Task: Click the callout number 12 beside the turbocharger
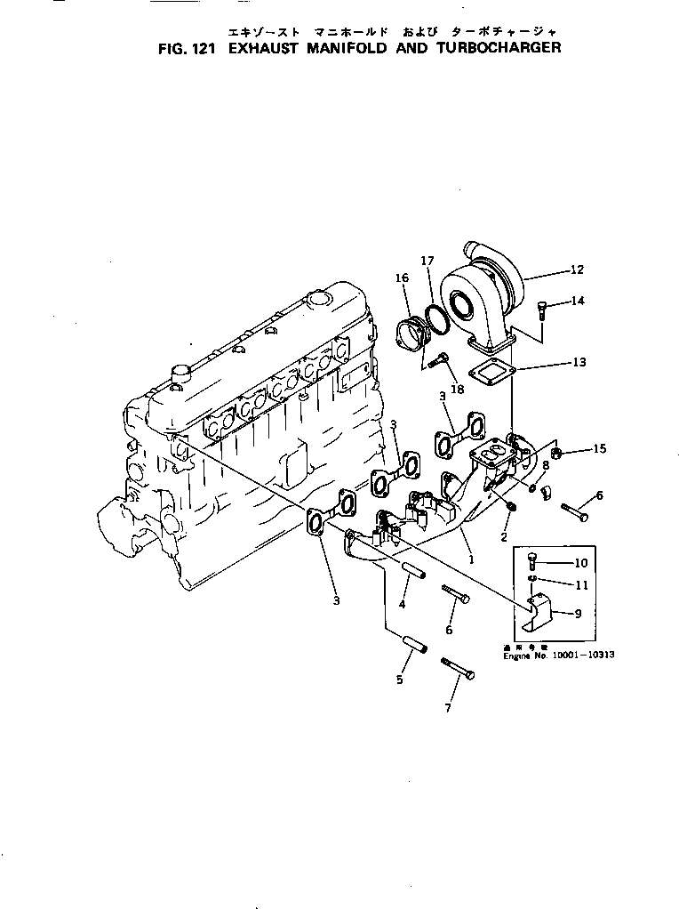click(577, 269)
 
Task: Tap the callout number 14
click(578, 302)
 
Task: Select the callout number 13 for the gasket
click(579, 362)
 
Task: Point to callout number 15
click(600, 449)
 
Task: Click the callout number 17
click(427, 261)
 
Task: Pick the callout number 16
click(402, 278)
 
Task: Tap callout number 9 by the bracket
click(579, 613)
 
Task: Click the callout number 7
click(448, 708)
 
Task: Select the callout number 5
click(399, 680)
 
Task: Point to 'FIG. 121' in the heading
click(187, 47)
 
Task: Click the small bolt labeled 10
click(532, 561)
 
